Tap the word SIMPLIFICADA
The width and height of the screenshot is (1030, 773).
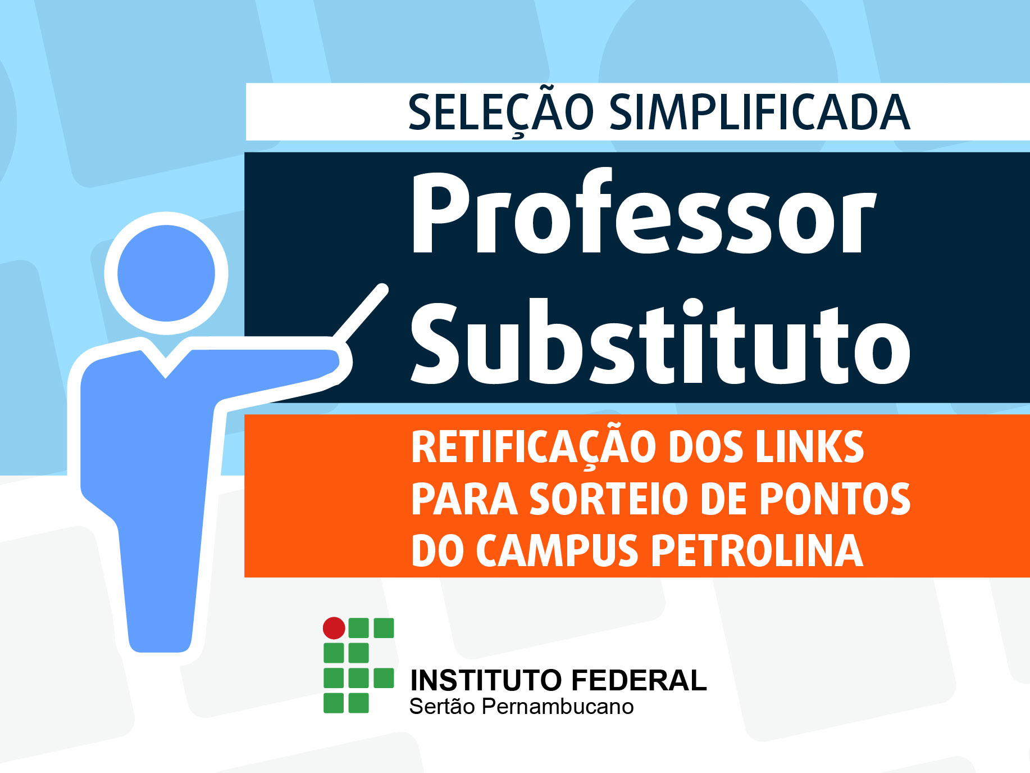tap(759, 112)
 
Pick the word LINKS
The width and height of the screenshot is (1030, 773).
tap(809, 447)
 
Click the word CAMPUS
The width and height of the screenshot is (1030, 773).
tap(557, 550)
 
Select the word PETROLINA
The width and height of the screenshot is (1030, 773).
tap(757, 550)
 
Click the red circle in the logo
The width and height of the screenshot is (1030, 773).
tap(334, 628)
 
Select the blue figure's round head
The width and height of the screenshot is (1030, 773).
tap(166, 273)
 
